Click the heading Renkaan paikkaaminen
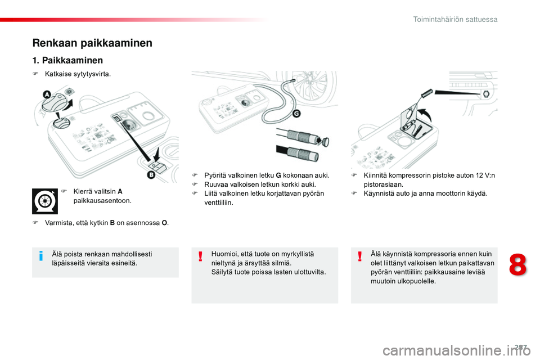tap(92, 43)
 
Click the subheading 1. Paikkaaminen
tap(67, 60)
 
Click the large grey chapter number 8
tap(517, 265)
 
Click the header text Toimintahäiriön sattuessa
tap(455, 19)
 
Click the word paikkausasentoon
tap(102, 200)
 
